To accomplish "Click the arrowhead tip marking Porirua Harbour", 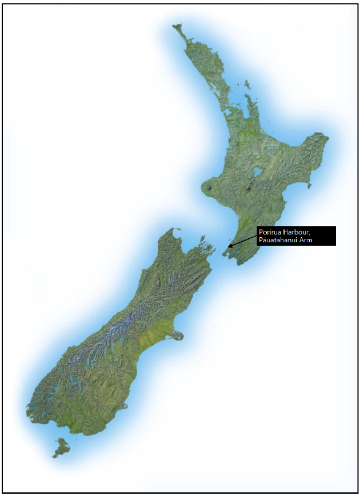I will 229,246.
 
